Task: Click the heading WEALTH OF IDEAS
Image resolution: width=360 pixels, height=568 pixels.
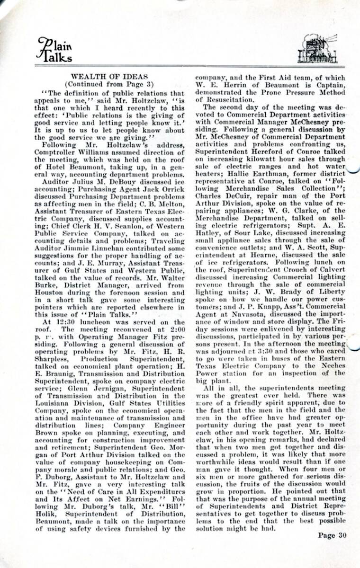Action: (x=109, y=76)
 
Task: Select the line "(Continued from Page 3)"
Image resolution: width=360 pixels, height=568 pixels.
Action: (x=109, y=84)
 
